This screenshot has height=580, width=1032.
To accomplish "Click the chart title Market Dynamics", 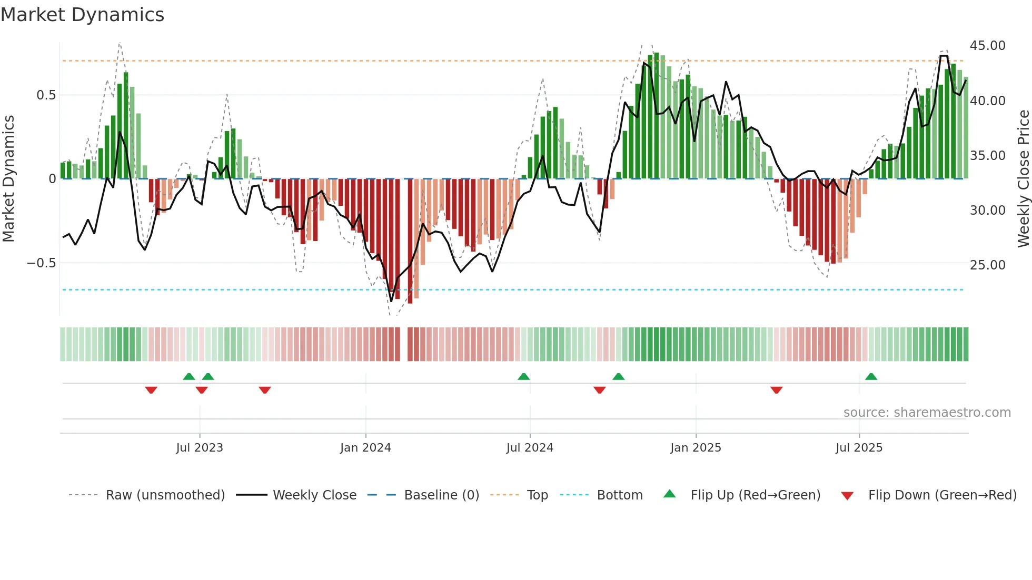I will tap(82, 15).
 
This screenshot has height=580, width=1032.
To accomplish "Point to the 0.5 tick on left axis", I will tap(46, 95).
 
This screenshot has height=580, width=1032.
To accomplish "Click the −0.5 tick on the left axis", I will tap(42, 263).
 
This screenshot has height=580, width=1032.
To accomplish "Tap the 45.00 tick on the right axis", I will tap(987, 46).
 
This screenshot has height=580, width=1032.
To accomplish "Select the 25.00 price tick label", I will tap(987, 265).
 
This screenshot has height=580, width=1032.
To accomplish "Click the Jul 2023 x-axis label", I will tap(200, 448).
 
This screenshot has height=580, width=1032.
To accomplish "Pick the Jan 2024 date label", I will tap(365, 448).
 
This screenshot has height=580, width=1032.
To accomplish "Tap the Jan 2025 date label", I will tap(696, 448).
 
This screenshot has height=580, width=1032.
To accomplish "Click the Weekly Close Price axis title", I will tap(1023, 179).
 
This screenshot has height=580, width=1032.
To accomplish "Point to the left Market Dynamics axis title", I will tap(8, 179).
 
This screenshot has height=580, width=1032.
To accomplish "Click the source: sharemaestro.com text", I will tap(927, 413).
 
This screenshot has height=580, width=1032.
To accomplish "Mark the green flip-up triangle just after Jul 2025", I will tap(871, 376).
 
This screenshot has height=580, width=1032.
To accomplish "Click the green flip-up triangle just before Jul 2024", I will tap(523, 376).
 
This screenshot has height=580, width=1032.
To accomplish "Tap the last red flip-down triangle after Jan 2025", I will tap(776, 390).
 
